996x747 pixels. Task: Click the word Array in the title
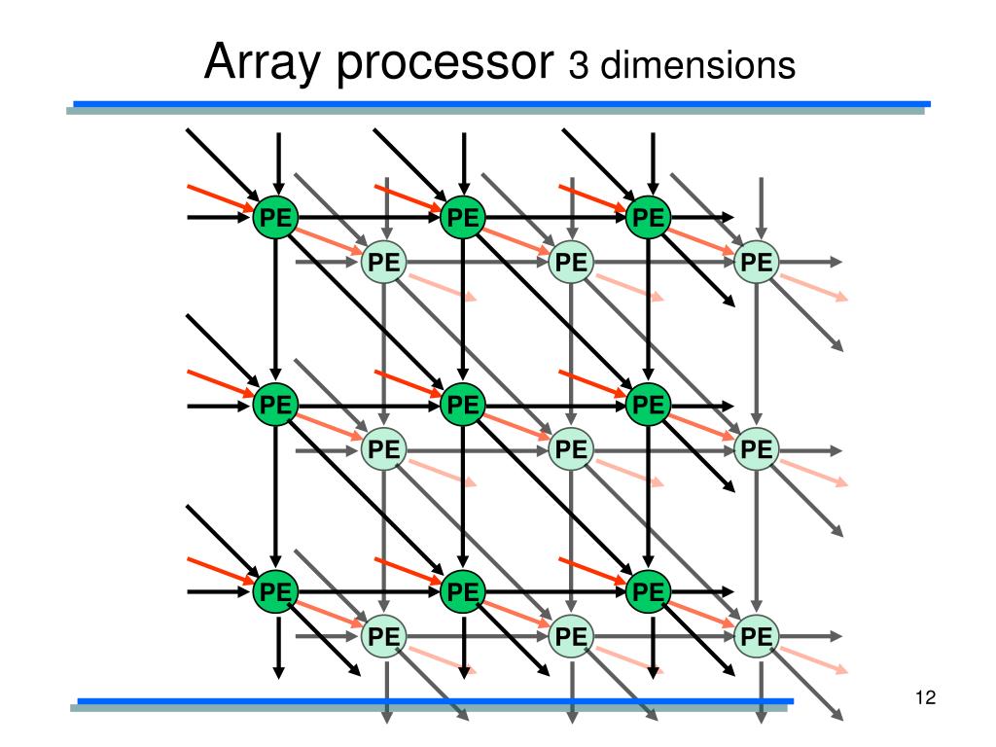(x=255, y=65)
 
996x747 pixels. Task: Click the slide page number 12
(x=925, y=697)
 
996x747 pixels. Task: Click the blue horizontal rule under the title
(x=502, y=103)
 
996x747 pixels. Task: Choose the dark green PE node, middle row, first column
(x=276, y=404)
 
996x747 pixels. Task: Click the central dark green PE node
(x=463, y=404)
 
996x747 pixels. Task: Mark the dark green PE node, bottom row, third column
(x=649, y=590)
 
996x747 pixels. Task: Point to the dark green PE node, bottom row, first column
(x=276, y=590)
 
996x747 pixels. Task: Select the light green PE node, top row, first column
(x=384, y=263)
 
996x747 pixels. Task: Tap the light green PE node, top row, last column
(x=757, y=263)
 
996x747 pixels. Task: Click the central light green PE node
(x=571, y=449)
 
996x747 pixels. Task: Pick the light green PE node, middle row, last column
(x=757, y=449)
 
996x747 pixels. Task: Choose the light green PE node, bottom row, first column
(x=384, y=637)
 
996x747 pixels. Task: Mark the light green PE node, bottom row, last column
(x=757, y=637)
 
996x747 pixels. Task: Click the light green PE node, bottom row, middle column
(x=571, y=637)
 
